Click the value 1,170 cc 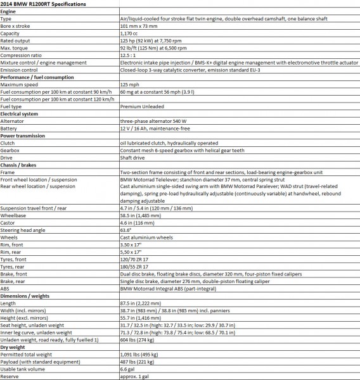click(131, 35)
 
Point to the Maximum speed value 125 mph click(130, 84)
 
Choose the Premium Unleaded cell click(143, 106)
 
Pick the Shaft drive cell click(132, 158)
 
